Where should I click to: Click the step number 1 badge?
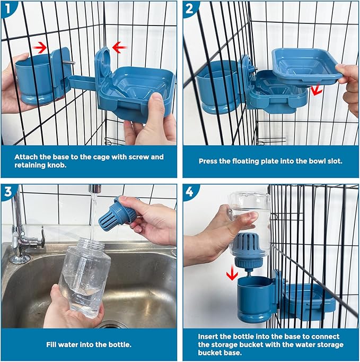7,7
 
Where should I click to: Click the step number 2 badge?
190,7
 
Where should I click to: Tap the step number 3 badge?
7,191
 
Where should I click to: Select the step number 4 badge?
190,191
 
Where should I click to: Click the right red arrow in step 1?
119,48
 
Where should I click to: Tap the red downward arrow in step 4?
232,273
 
